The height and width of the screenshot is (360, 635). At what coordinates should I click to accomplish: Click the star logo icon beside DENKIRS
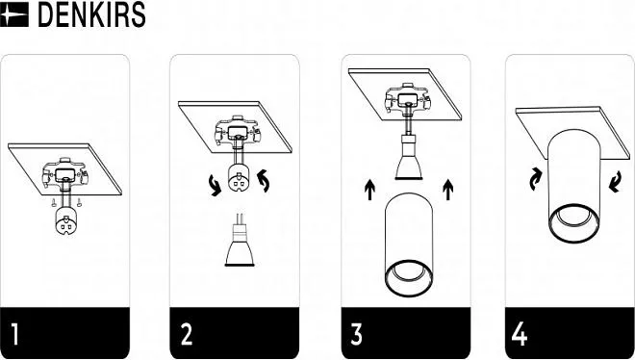click(x=14, y=14)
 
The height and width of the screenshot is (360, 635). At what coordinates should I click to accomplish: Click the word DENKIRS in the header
click(x=91, y=15)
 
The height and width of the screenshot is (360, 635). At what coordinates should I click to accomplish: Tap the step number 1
click(x=14, y=334)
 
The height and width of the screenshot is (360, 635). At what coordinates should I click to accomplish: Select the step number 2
click(x=187, y=334)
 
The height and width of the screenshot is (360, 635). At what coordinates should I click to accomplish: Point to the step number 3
click(x=356, y=334)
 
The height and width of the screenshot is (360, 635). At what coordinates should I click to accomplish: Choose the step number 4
click(x=520, y=334)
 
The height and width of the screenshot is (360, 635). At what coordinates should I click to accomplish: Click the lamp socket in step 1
click(x=65, y=221)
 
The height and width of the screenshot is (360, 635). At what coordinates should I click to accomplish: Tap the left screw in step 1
click(x=54, y=202)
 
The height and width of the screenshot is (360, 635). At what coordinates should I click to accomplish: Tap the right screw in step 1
click(x=79, y=202)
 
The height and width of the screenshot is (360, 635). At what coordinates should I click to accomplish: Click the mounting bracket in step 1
click(x=64, y=174)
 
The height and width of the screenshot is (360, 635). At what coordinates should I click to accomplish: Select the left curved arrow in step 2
click(x=215, y=186)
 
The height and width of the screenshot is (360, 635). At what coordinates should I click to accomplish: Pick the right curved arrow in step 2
click(x=264, y=181)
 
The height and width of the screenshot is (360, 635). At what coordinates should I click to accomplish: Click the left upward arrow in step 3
click(x=369, y=190)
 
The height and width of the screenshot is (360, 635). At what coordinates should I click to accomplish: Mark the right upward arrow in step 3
click(x=447, y=190)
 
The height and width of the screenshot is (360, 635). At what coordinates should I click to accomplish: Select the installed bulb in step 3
click(x=409, y=157)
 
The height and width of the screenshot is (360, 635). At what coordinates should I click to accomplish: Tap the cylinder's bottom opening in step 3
click(x=409, y=278)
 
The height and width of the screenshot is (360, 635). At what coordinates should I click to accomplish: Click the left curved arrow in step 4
click(x=535, y=180)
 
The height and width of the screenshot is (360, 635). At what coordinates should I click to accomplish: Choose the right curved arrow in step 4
click(x=615, y=182)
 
